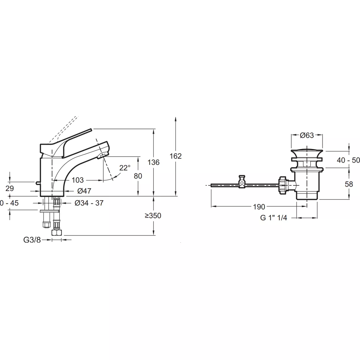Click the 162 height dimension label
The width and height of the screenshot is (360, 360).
pos(176,156)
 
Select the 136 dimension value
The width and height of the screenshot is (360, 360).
pos(153,162)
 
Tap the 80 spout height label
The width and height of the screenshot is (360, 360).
pos(138,176)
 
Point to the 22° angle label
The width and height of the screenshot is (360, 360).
pos(125,168)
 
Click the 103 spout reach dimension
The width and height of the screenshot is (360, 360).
pos(78,180)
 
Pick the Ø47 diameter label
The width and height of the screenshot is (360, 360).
pos(84,191)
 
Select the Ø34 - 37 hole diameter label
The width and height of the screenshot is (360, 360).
pos(89,203)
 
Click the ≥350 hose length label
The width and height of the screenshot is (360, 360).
pos(153,216)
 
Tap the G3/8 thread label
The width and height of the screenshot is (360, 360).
pos(32,240)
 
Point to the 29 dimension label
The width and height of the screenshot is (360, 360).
pos(10,189)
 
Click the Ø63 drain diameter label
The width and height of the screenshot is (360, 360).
pos(307,135)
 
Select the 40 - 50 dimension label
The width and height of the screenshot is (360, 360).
pos(348,160)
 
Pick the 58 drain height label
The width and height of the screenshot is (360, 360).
pos(349,184)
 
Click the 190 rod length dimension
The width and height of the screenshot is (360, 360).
pos(259,207)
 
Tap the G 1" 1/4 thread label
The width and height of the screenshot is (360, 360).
pos(274,217)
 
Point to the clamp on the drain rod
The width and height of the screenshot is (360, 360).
pos(241,182)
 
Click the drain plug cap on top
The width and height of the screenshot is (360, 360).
pos(307,152)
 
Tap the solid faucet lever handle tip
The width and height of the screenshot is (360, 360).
pos(91,130)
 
